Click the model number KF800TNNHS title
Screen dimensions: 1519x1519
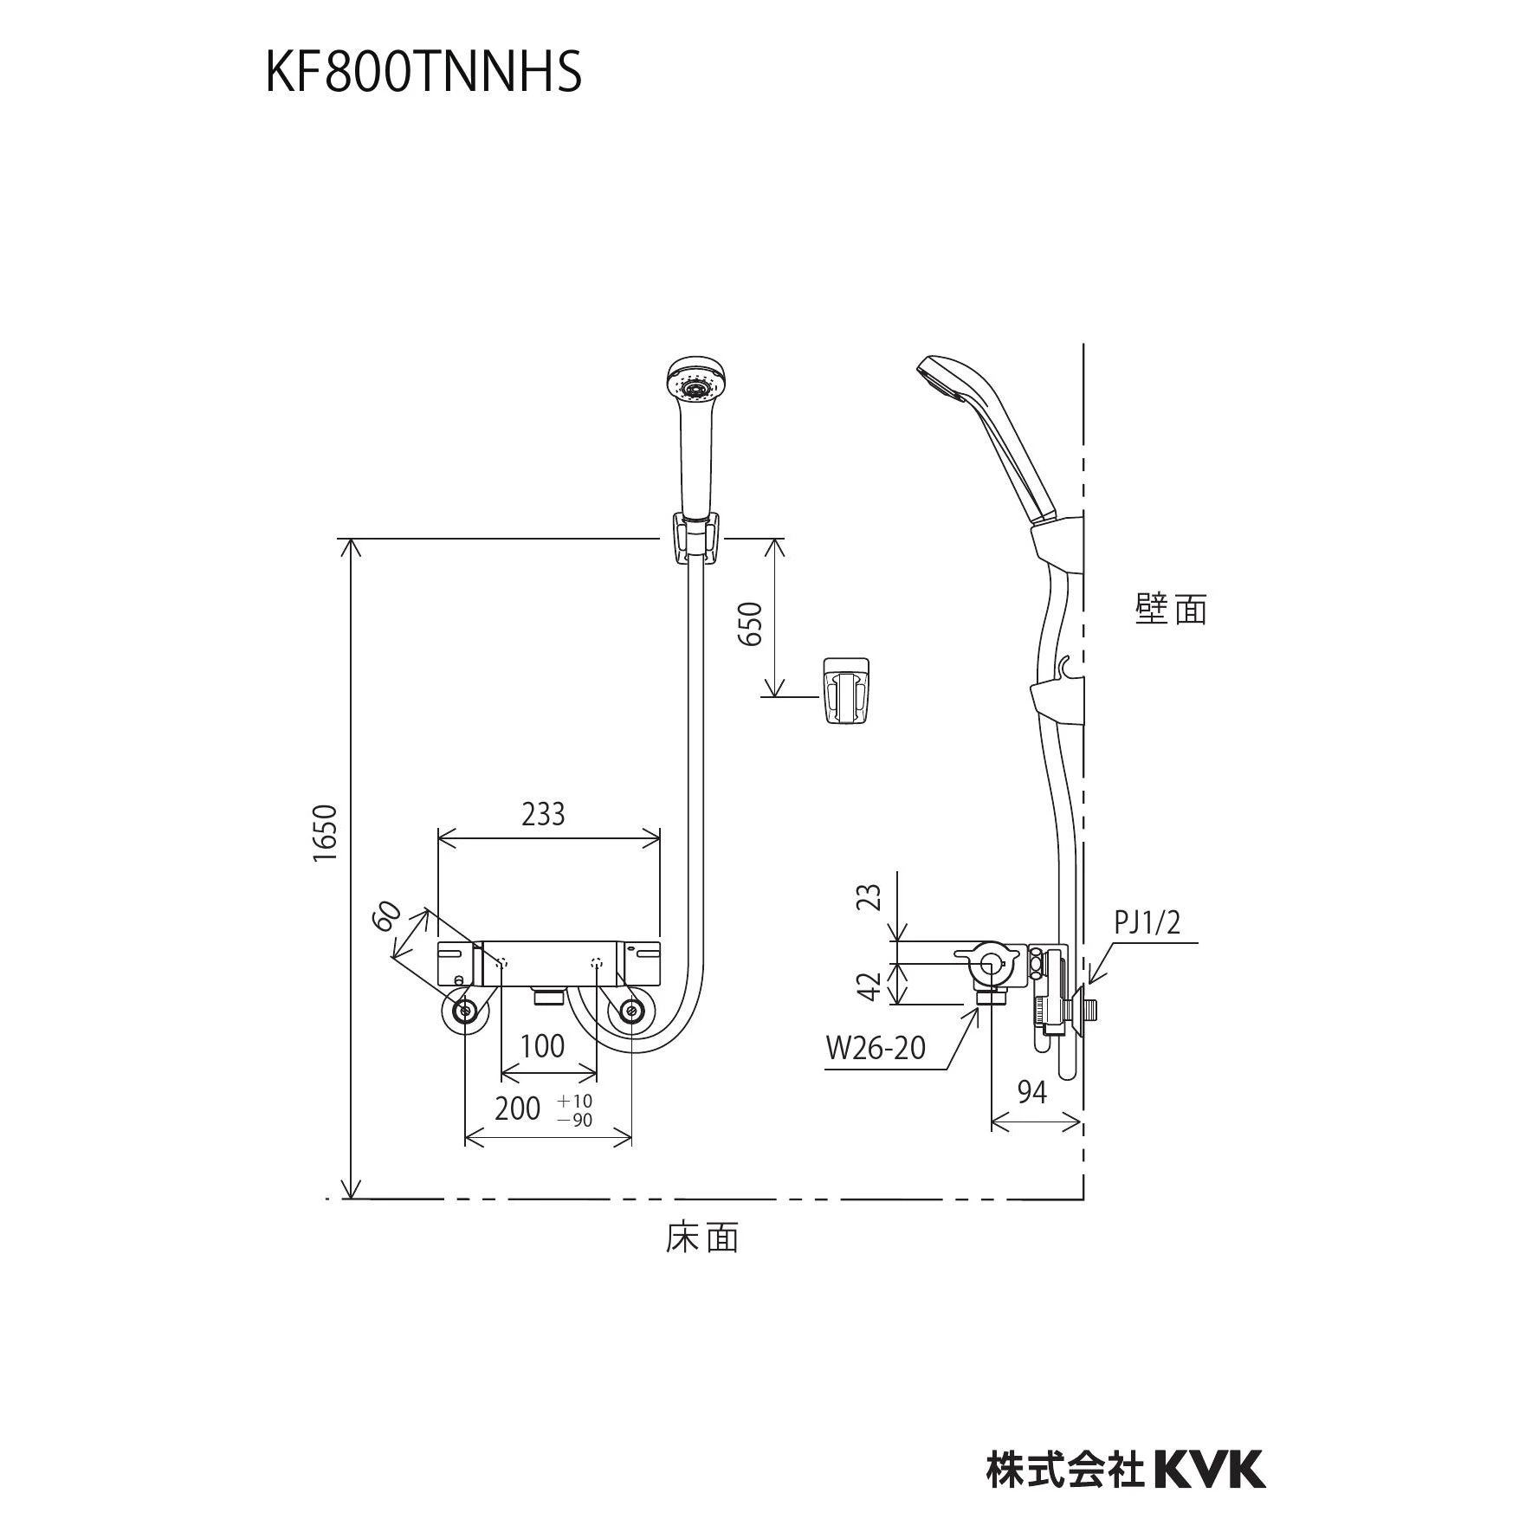(423, 73)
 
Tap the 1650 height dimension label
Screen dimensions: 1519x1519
(325, 833)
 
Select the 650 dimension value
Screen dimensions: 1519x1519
(751, 624)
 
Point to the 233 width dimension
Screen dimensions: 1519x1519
(543, 814)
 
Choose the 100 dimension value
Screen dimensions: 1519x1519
(543, 1046)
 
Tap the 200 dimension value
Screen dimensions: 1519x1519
(517, 1109)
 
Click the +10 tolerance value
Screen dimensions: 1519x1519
(576, 1100)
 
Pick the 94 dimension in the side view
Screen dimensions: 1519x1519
(1031, 1093)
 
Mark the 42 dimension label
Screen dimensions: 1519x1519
(873, 986)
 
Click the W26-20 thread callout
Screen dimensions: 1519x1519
(876, 1048)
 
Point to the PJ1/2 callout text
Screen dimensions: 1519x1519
(1147, 923)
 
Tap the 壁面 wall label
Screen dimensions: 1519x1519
(1171, 609)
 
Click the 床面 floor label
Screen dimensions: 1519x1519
(702, 1238)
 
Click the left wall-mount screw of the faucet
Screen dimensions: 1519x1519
(465, 1011)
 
